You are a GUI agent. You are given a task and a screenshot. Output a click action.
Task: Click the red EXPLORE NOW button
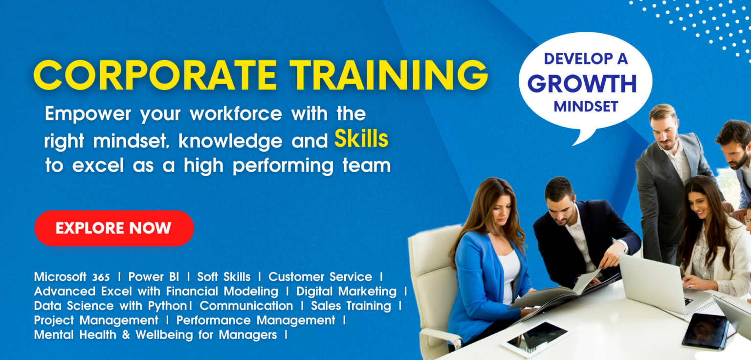pyautogui.click(x=113, y=228)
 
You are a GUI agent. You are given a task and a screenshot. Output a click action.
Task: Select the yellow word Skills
pyautogui.click(x=361, y=140)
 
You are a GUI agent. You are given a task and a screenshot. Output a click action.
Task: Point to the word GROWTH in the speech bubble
pyautogui.click(x=582, y=84)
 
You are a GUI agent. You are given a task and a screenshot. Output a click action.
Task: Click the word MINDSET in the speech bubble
pyautogui.click(x=586, y=107)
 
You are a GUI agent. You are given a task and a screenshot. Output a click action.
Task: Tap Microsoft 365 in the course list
pyautogui.click(x=72, y=277)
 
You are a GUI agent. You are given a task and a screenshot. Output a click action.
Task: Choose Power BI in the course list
pyautogui.click(x=154, y=277)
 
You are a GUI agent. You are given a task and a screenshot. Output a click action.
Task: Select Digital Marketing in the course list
pyautogui.click(x=346, y=292)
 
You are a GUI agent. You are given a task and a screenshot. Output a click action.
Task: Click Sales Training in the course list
pyautogui.click(x=351, y=306)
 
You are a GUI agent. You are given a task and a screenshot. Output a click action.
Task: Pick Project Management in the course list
pyautogui.click(x=96, y=320)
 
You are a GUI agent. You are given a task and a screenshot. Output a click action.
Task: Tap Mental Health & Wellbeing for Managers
pyautogui.click(x=155, y=335)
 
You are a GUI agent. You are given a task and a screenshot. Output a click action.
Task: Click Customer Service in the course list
pyautogui.click(x=320, y=277)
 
